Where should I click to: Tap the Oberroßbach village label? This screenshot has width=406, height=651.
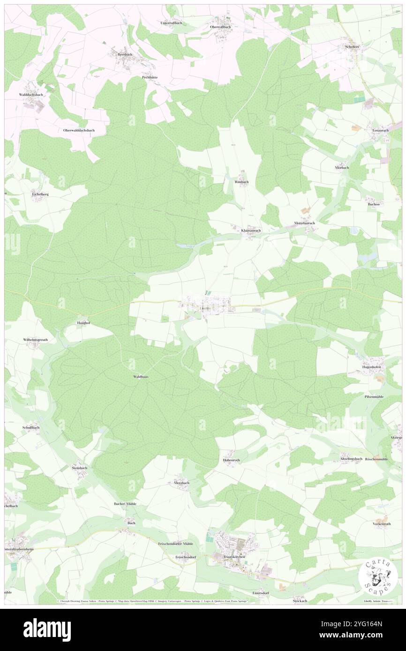coord(220,27)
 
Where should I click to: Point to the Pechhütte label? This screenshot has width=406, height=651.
coord(150,77)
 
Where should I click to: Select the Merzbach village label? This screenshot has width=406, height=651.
coord(181,482)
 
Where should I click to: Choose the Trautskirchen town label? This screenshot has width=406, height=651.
coord(234,557)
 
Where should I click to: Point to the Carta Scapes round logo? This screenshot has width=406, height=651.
coord(378,576)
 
